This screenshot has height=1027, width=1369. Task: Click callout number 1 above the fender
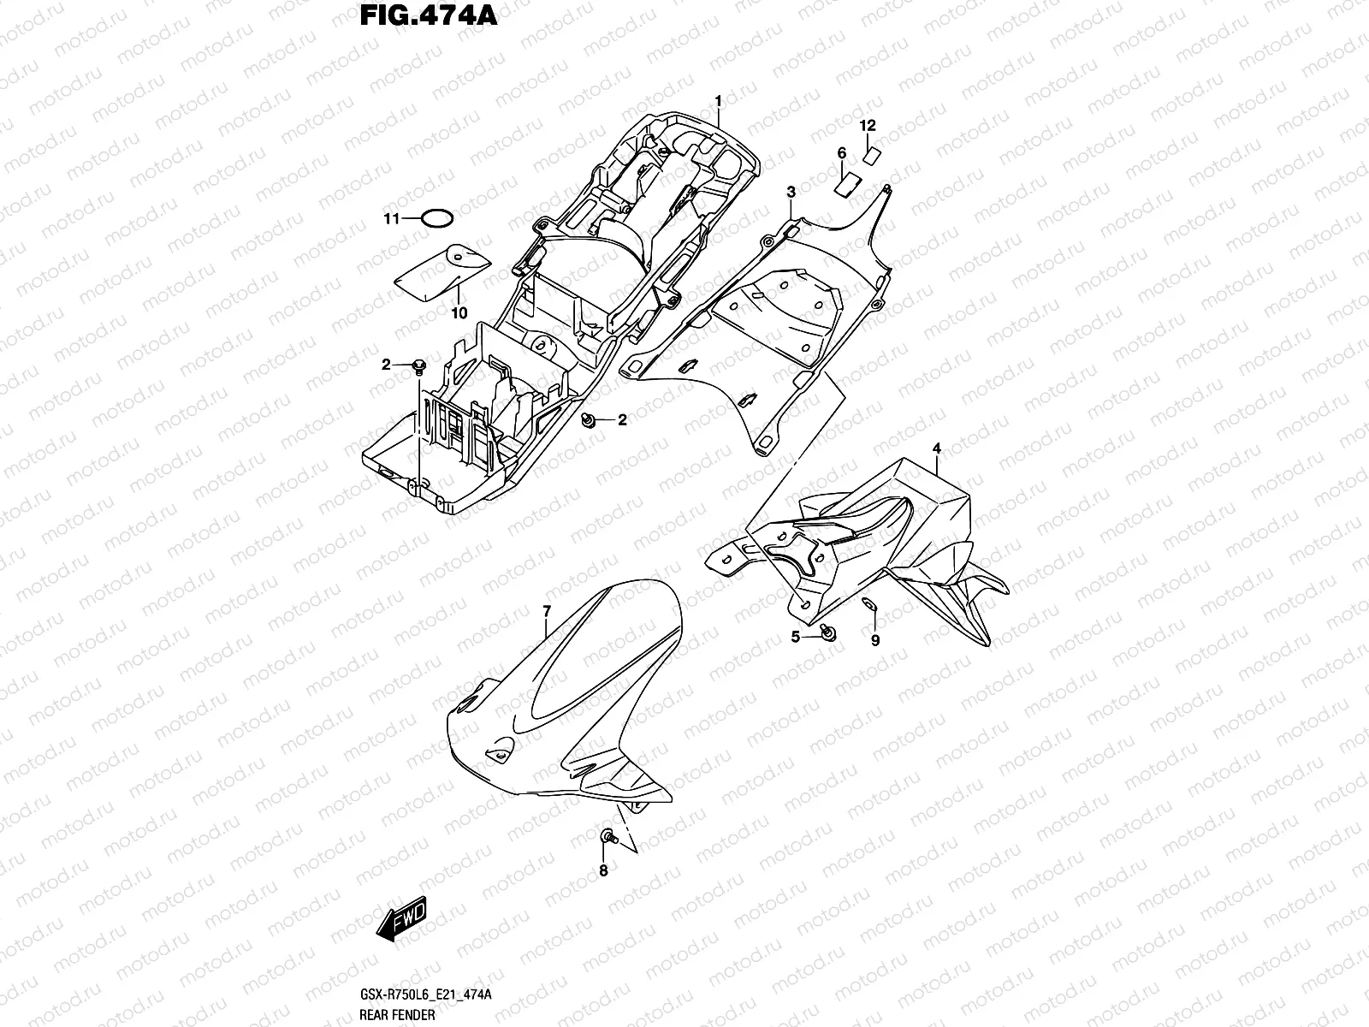[x=719, y=101]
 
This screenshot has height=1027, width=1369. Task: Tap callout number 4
[x=937, y=448]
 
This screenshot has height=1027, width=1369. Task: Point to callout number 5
[x=795, y=637]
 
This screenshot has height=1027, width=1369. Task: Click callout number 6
[x=841, y=153]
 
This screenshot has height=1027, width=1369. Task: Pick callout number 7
[x=546, y=609]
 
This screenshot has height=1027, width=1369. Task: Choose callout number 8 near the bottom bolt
[x=603, y=870]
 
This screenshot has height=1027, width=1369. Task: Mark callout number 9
[x=874, y=639]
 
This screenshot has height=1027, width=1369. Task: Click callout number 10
[x=459, y=313]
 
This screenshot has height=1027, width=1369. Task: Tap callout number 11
[x=391, y=219]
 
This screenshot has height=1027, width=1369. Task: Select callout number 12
[x=868, y=126]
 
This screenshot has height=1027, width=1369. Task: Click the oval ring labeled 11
[x=437, y=218]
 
